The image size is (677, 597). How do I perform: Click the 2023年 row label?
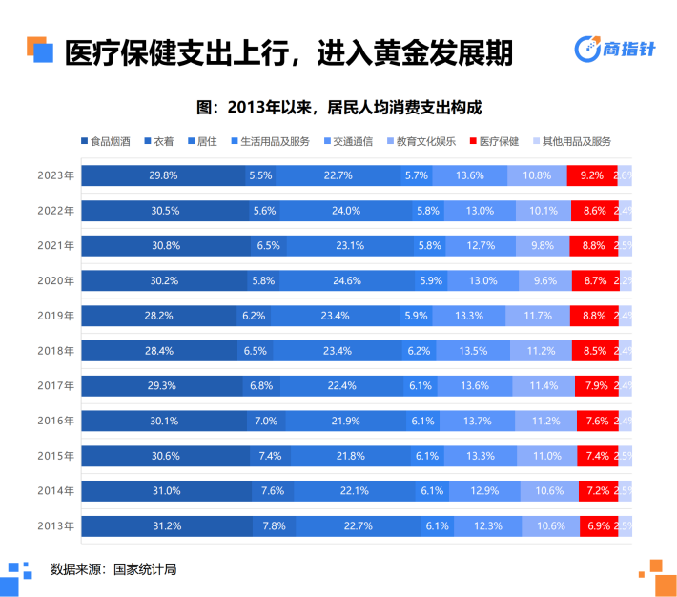click(55, 175)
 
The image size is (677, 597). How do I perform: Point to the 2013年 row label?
click(55, 525)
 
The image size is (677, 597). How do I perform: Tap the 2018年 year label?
click(55, 351)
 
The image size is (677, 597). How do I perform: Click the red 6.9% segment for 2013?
click(598, 525)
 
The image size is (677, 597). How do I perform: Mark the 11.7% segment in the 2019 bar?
click(538, 316)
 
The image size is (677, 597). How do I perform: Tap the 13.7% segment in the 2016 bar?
click(475, 421)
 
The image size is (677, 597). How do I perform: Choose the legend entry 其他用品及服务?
click(570, 141)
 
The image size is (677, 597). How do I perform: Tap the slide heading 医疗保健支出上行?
click(286, 52)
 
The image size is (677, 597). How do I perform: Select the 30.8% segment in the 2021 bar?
click(167, 245)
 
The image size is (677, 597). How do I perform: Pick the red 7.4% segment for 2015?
click(597, 456)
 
